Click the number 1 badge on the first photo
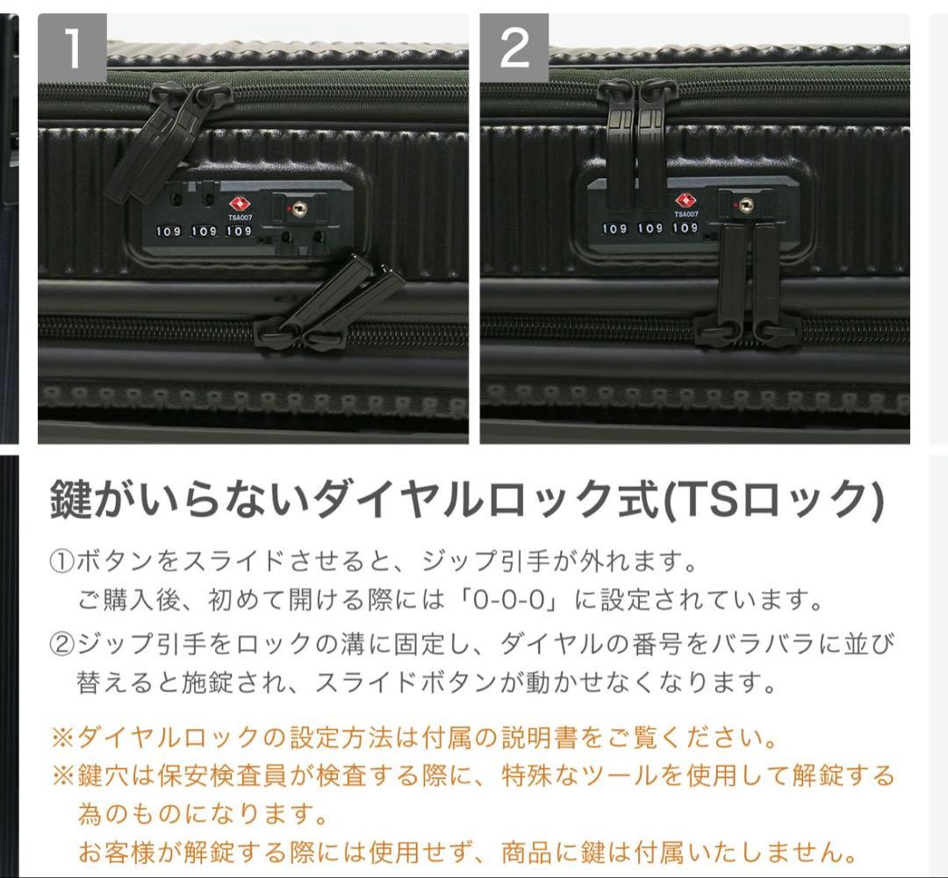(72, 49)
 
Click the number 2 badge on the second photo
(514, 49)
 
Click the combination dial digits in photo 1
(204, 232)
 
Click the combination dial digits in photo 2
(650, 228)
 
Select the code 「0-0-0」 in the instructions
(521, 602)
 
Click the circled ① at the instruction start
(62, 560)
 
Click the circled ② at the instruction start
(62, 645)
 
